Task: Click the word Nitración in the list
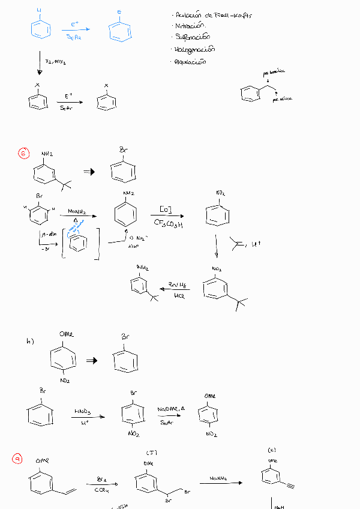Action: (x=190, y=26)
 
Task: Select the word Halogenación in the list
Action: (x=195, y=49)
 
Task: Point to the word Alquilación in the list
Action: (x=191, y=61)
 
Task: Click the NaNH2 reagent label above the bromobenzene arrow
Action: (x=76, y=212)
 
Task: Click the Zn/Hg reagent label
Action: (x=176, y=284)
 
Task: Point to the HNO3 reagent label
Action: (x=82, y=411)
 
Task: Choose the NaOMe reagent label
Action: (x=169, y=409)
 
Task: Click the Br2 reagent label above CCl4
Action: (x=101, y=479)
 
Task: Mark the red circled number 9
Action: (x=17, y=459)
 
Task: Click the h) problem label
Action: (x=30, y=341)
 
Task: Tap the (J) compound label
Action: (x=151, y=453)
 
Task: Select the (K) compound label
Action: (x=272, y=450)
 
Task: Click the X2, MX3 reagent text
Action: (x=55, y=61)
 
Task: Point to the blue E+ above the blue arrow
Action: (x=74, y=24)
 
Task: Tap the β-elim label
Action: (x=47, y=234)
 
